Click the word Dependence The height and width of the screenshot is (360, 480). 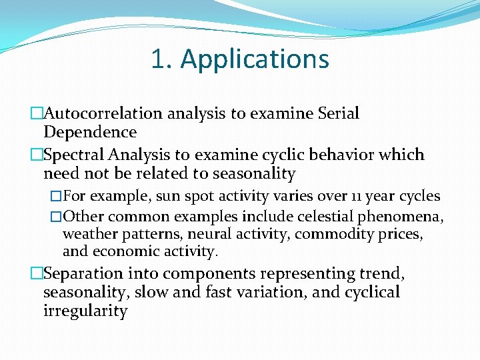(90, 132)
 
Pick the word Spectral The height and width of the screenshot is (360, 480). (73, 155)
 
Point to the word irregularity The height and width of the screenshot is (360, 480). (85, 311)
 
